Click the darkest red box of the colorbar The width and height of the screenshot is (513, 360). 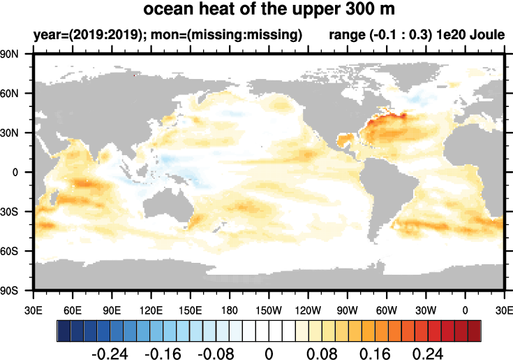tap(474, 329)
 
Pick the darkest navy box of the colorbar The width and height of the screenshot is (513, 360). tap(64, 329)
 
